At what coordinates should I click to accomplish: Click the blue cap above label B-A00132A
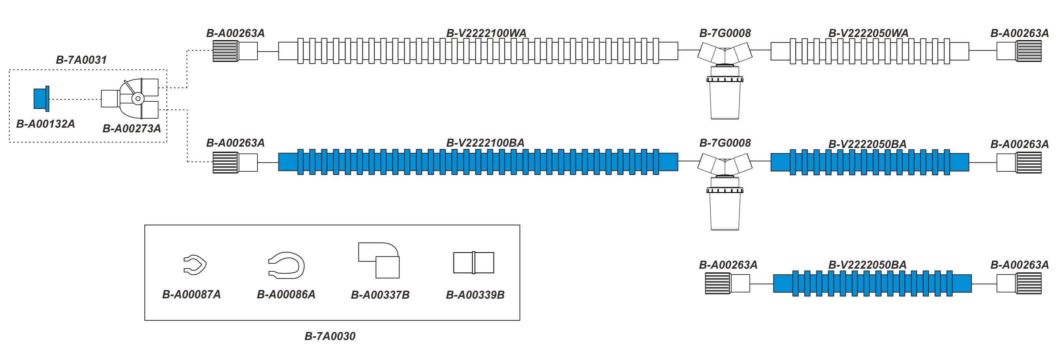pos(41,99)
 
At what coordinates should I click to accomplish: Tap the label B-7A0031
pos(81,60)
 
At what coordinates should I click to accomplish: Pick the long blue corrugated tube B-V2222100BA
pos(478,162)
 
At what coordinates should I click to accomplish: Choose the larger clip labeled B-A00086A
pos(286,265)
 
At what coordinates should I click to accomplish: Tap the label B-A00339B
pos(475,295)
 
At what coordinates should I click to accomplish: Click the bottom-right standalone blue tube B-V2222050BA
pos(872,283)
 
